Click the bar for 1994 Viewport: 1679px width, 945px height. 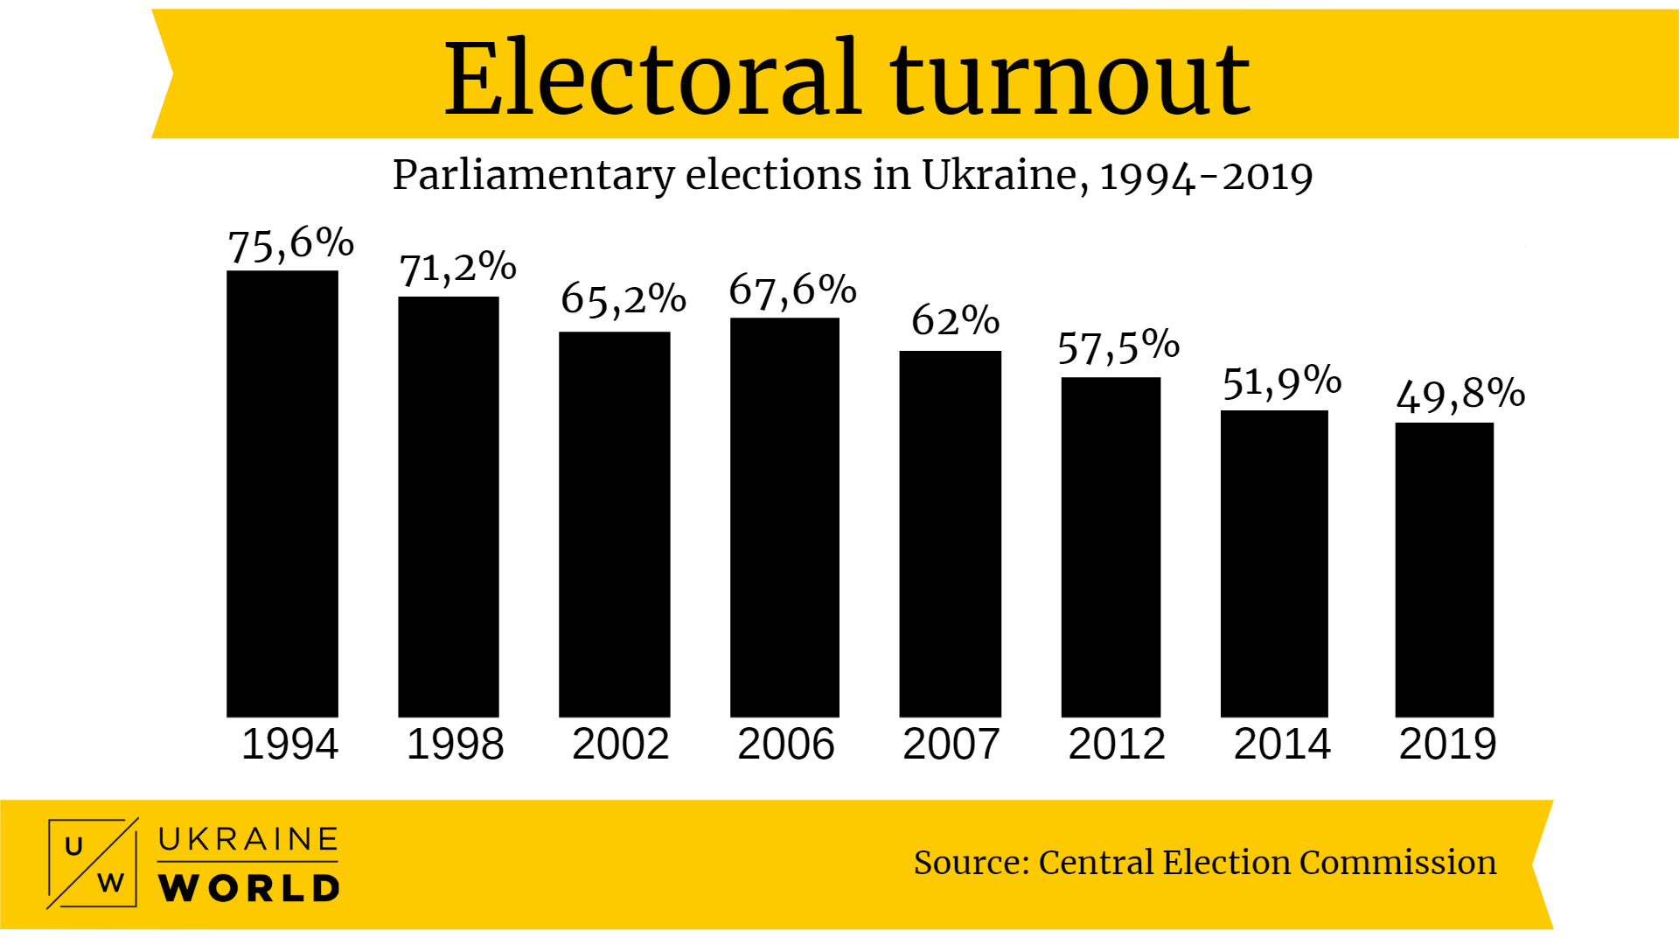point(282,493)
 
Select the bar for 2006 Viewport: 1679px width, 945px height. point(784,517)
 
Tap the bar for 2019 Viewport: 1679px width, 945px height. point(1444,570)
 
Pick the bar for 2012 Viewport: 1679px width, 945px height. point(1111,547)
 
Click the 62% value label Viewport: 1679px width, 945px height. point(955,320)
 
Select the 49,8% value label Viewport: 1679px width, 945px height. point(1460,395)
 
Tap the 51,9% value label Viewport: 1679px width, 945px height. point(1281,382)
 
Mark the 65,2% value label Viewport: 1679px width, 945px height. point(623,299)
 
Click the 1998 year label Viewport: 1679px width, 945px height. point(455,745)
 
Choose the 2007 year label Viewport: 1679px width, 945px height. point(951,745)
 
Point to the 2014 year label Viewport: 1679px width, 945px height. point(1281,745)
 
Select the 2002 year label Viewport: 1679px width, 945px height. point(620,745)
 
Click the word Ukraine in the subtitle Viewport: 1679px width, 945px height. point(999,175)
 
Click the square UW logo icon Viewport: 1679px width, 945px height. point(93,863)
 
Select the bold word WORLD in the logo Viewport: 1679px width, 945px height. point(249,888)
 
